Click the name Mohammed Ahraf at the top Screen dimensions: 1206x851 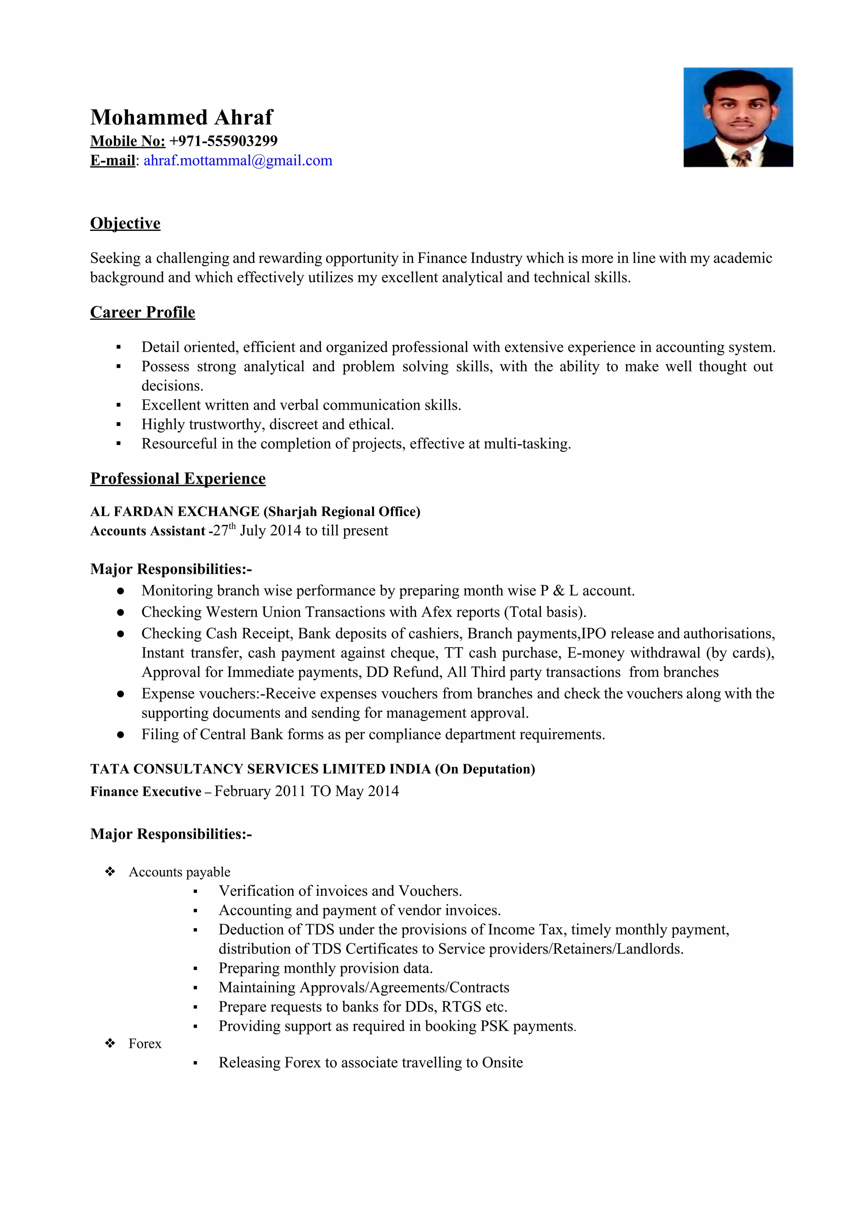click(x=182, y=117)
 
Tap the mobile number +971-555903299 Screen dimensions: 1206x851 click(x=223, y=141)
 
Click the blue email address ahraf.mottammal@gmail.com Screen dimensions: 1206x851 click(x=238, y=161)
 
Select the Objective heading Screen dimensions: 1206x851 click(x=125, y=223)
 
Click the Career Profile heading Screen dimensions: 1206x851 click(x=142, y=312)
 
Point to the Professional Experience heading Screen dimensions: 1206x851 click(x=177, y=479)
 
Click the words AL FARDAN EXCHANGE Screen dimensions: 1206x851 click(x=175, y=512)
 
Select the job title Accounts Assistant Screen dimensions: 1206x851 click(x=147, y=531)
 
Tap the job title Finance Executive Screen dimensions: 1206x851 click(x=145, y=791)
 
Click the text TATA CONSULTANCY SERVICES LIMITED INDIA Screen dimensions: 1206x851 click(x=261, y=769)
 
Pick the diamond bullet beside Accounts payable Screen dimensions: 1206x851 click(x=110, y=872)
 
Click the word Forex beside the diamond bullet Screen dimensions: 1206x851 click(x=145, y=1044)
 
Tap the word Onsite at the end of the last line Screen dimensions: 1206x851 click(x=502, y=1063)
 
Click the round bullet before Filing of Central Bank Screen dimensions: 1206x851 click(x=120, y=735)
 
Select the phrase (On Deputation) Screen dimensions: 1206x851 click(x=485, y=769)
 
